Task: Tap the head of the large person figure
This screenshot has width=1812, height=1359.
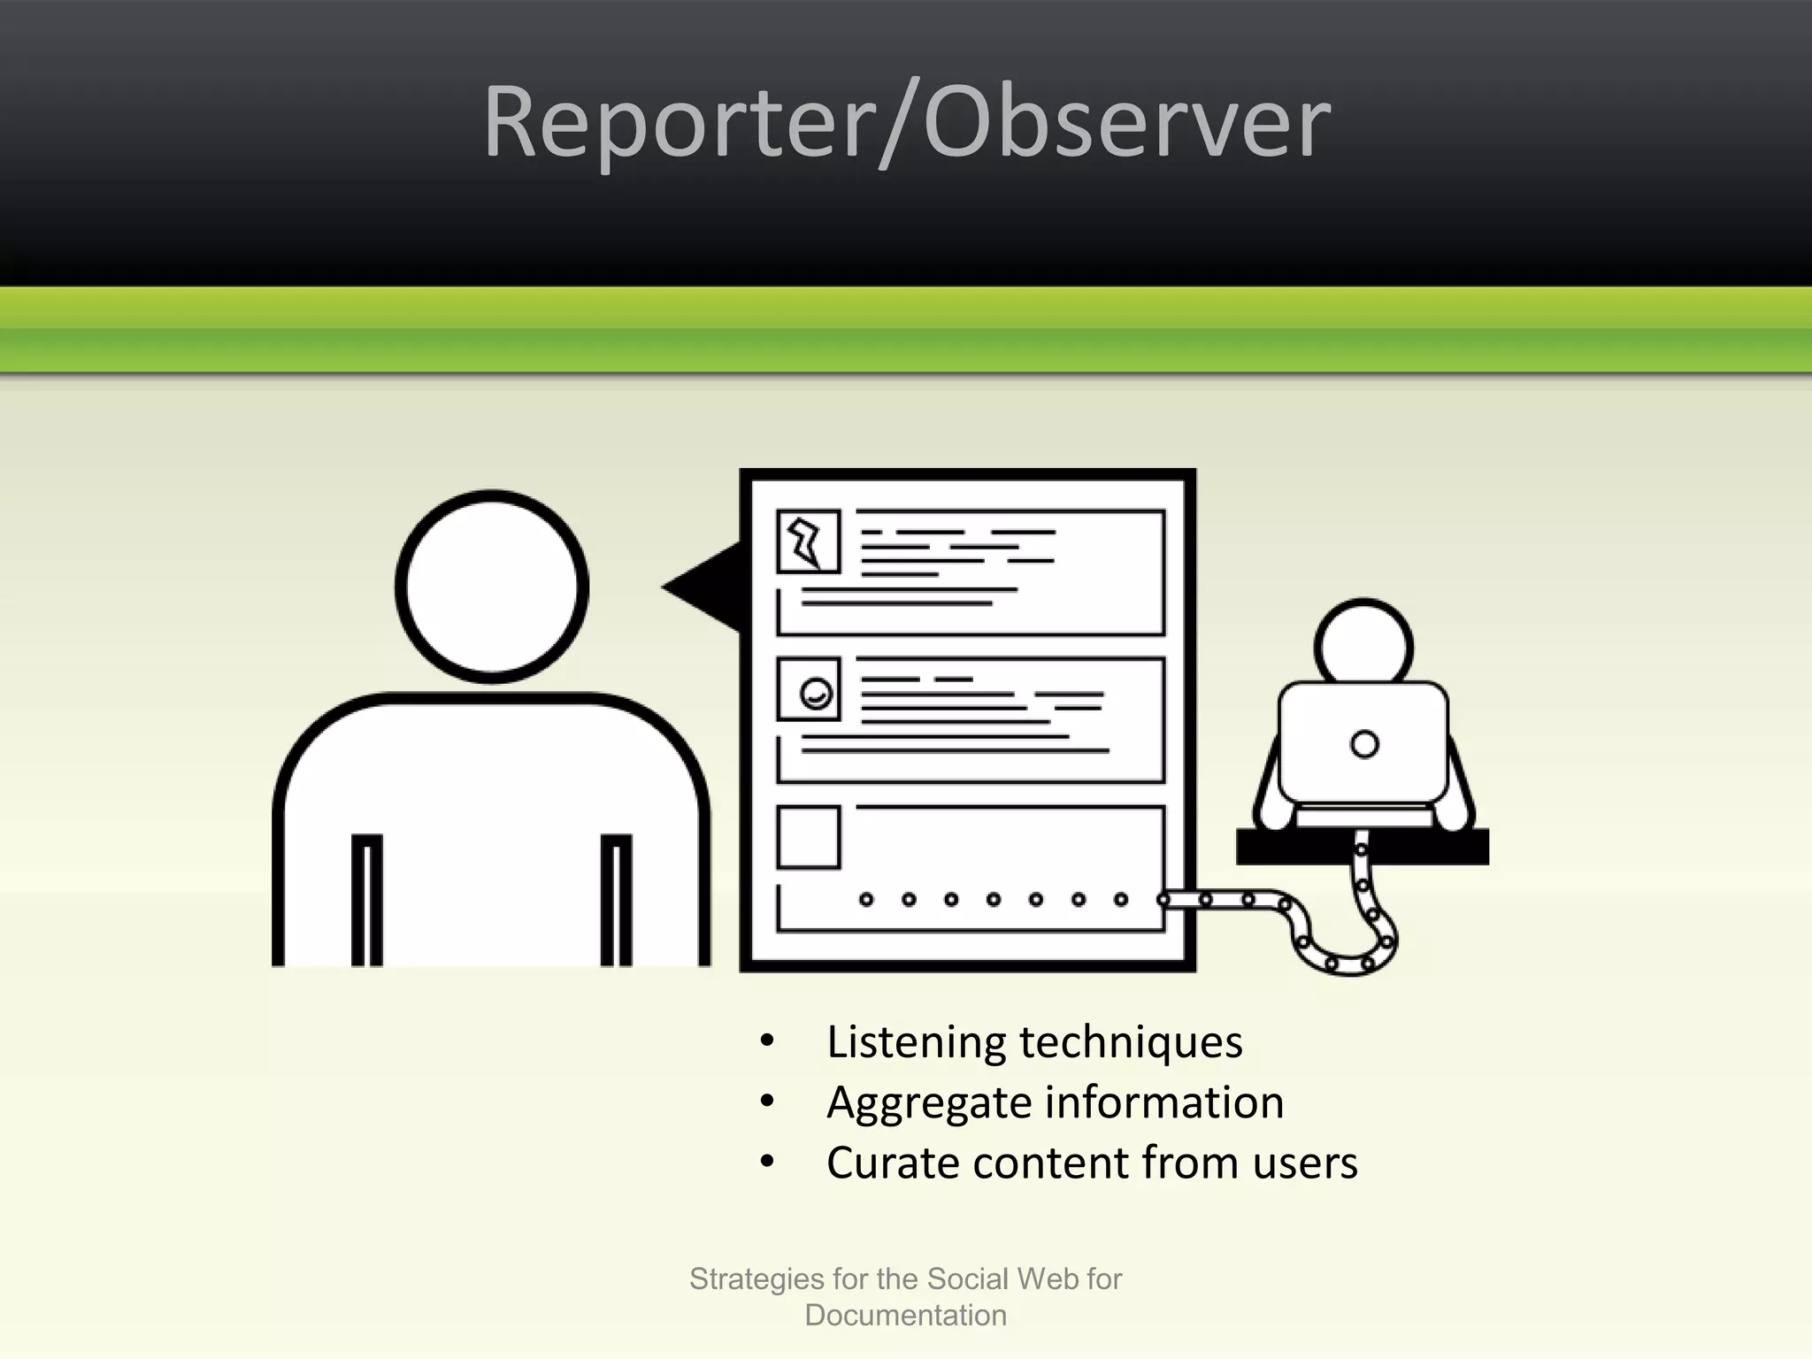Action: (492, 586)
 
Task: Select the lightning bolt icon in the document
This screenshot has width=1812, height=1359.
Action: (808, 541)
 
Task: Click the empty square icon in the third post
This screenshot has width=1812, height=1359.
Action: (808, 837)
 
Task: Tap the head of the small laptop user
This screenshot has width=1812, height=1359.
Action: (1363, 643)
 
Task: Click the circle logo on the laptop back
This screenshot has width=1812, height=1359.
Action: (1364, 744)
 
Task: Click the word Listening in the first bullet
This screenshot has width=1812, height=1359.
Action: (916, 1042)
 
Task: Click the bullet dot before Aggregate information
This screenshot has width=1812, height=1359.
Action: (767, 1102)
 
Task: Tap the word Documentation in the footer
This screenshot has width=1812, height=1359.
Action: (905, 1316)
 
